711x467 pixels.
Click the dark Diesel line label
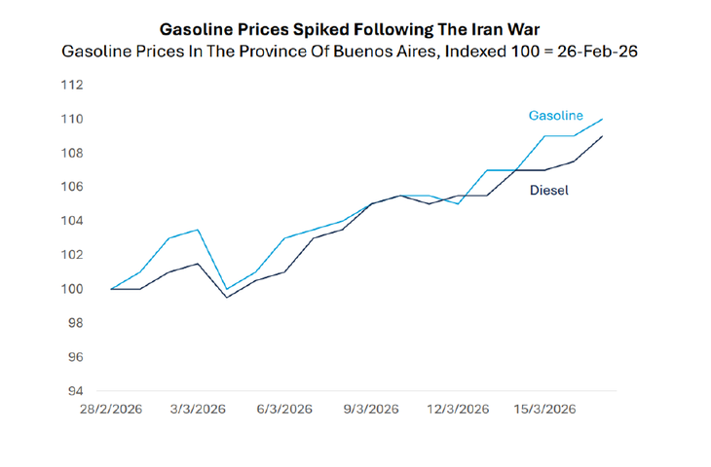click(548, 190)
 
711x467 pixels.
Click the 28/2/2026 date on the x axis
click(112, 410)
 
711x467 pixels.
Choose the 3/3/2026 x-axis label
click(198, 410)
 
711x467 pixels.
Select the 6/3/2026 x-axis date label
click(284, 410)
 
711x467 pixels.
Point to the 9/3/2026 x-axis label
click(371, 410)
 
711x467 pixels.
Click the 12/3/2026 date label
click(458, 410)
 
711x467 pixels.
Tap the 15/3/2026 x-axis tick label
click(544, 410)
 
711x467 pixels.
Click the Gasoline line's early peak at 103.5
click(198, 230)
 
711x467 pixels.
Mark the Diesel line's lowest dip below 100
click(227, 297)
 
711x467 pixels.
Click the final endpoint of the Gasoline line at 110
click(603, 119)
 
